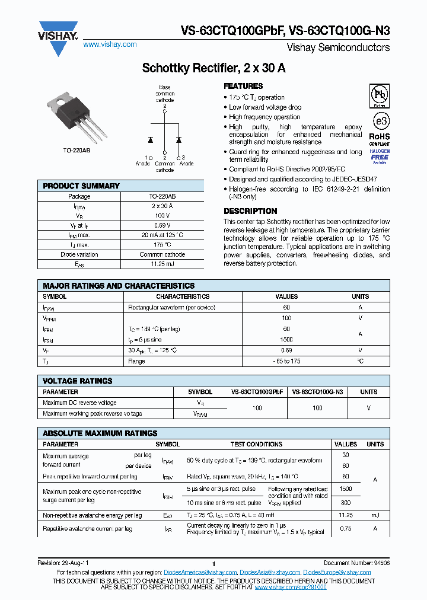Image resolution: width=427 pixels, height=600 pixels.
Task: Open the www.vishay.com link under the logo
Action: click(x=110, y=44)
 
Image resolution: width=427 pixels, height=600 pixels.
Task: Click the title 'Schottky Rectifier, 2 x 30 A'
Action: click(x=213, y=68)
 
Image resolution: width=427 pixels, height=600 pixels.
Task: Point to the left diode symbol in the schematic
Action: click(x=151, y=140)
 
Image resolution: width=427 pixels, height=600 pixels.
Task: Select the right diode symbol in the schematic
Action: click(x=179, y=140)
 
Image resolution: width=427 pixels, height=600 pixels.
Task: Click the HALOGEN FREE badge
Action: click(x=380, y=157)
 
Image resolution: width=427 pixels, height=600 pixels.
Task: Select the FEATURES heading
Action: click(x=243, y=87)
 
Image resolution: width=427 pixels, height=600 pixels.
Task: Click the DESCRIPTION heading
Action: click(x=250, y=211)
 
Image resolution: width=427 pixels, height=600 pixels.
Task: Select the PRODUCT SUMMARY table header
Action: click(x=81, y=186)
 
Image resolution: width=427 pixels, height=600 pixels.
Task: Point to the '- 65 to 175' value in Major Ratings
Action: click(x=286, y=360)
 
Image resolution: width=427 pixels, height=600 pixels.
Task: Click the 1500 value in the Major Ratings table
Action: click(x=286, y=340)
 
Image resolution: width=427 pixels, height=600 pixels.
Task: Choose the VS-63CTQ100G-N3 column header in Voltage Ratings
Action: click(x=317, y=392)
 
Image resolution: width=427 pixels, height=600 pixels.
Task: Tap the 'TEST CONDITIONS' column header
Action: click(x=256, y=444)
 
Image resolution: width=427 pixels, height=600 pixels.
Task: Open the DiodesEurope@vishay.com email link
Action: click(x=337, y=572)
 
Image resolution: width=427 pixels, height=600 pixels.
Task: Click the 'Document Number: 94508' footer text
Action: click(x=356, y=563)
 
